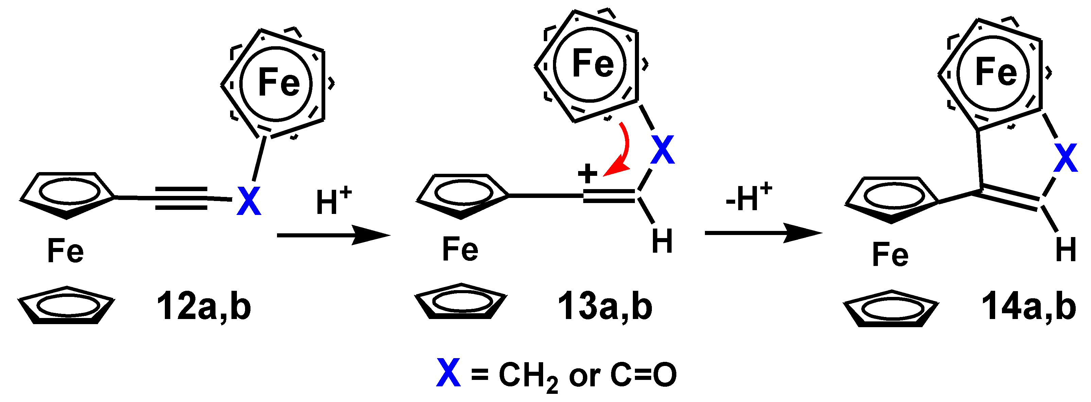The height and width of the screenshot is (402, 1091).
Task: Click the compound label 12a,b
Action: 204,307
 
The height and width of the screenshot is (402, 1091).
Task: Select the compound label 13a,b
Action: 605,307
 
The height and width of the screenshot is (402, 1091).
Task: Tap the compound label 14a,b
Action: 1029,307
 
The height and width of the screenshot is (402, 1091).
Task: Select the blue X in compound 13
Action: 662,150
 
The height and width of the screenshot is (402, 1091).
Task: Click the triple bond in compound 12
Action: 181,198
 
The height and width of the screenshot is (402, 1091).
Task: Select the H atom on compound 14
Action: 1066,250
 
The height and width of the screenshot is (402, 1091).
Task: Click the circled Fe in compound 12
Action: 278,83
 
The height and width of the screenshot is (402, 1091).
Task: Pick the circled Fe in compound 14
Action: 996,72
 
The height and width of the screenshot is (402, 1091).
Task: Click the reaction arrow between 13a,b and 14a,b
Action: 763,233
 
